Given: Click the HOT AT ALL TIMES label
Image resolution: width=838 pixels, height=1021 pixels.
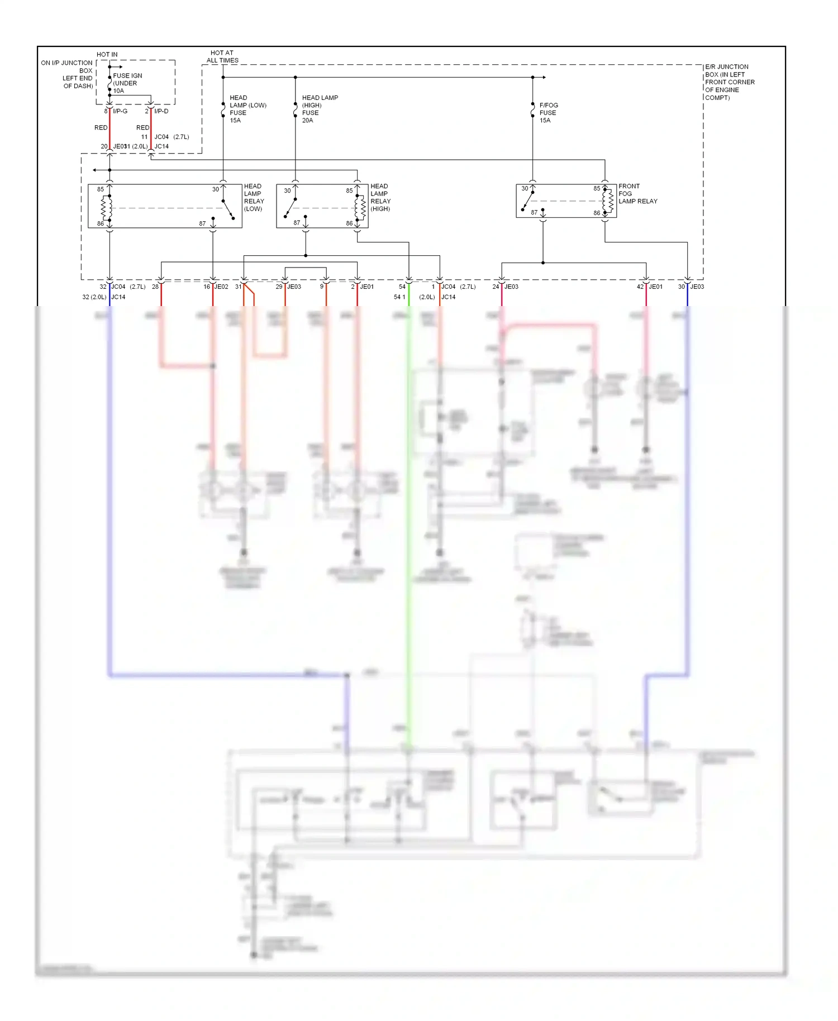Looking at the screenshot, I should pos(222,56).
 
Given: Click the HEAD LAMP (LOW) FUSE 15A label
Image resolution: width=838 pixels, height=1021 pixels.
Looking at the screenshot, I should pos(247,109).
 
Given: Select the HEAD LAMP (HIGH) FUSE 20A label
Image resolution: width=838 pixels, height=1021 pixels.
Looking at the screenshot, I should pos(320,109).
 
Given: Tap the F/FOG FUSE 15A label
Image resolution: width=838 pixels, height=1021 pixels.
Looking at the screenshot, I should pos(548,112).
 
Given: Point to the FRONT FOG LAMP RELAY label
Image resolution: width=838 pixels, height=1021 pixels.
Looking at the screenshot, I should pos(637,194).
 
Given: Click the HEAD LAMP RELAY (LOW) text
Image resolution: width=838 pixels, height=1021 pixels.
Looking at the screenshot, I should pos(254,197).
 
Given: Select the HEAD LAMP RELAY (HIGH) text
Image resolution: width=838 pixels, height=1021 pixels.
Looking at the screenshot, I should pos(380,197).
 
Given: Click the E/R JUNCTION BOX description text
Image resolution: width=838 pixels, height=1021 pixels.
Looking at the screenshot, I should pos(729,82).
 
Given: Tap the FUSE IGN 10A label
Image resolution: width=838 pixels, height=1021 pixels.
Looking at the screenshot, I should pos(127,83).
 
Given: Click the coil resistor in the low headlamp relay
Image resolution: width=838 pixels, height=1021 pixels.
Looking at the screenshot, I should pos(104,208).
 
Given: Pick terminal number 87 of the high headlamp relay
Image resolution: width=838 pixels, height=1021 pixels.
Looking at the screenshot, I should pos(297,222).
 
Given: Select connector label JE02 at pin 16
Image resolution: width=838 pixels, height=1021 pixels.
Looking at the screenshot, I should pos(222,287).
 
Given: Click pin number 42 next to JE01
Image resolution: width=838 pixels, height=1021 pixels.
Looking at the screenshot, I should pos(640,287).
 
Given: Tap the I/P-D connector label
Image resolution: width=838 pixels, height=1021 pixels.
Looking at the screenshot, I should pos(161,111).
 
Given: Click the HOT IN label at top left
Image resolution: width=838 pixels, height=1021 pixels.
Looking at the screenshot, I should pos(107,55).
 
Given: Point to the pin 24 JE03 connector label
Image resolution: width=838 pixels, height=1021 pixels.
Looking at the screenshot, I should pos(511,287).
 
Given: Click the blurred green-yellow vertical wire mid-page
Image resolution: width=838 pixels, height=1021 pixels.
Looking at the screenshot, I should pos(409,503).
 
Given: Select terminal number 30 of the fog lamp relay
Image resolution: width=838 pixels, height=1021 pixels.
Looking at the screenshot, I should pos(525,189).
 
